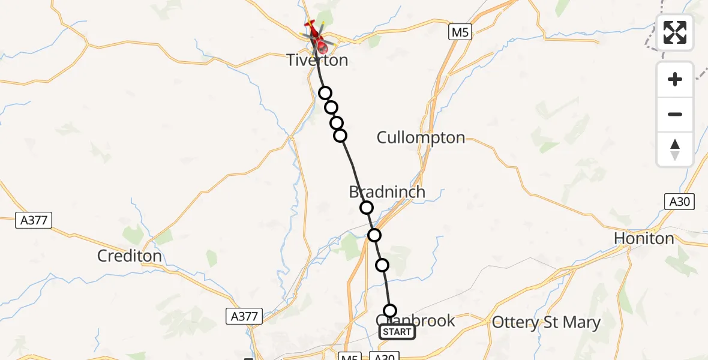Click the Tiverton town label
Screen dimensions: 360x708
tap(317, 61)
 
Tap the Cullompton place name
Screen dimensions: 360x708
tap(421, 137)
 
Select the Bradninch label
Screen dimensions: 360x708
tap(387, 192)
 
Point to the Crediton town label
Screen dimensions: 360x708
tap(130, 256)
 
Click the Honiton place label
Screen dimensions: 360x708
tap(644, 239)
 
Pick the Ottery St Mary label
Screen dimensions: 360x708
tap(546, 323)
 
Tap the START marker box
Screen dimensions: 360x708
tap(397, 332)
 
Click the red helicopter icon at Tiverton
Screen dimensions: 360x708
tap(316, 35)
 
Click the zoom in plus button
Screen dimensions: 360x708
tap(675, 79)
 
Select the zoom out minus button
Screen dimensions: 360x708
tap(675, 114)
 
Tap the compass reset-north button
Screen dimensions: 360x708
tap(675, 149)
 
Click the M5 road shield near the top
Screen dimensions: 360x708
tap(459, 32)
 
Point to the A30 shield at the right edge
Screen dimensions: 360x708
tap(680, 202)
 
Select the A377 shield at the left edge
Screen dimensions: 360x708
tap(33, 220)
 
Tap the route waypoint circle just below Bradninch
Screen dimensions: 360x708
tap(367, 208)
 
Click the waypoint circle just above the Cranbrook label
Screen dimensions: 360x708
tap(390, 310)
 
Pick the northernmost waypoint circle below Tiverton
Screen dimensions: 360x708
tap(325, 93)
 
